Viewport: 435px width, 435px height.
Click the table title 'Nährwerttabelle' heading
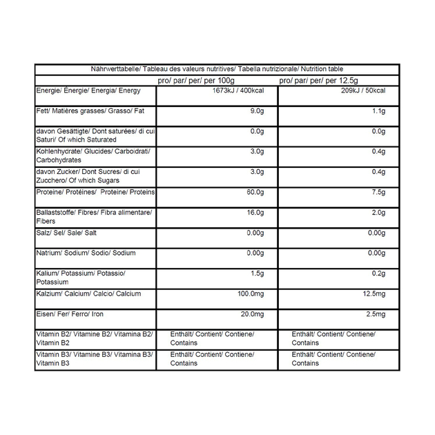(217, 69)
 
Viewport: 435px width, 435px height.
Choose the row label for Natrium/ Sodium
(86, 253)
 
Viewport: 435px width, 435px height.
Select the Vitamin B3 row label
(95, 358)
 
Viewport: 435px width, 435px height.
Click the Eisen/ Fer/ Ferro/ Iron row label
(70, 314)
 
